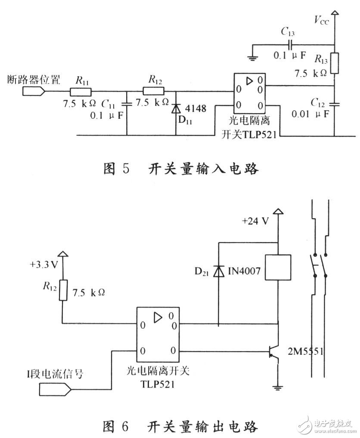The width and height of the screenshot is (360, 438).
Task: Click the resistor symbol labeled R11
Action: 81,91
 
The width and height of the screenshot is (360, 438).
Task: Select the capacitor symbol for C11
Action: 127,104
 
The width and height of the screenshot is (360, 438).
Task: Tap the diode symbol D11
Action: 176,108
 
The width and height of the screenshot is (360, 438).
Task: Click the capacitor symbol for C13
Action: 291,44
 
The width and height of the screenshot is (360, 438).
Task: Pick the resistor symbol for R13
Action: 335,64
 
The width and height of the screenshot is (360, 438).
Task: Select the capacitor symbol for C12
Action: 335,104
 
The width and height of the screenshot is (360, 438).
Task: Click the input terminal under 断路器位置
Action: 33,91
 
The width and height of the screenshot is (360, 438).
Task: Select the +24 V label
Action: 255,221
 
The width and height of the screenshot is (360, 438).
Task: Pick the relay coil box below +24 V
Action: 279,268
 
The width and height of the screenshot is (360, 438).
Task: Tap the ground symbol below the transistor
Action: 278,387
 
